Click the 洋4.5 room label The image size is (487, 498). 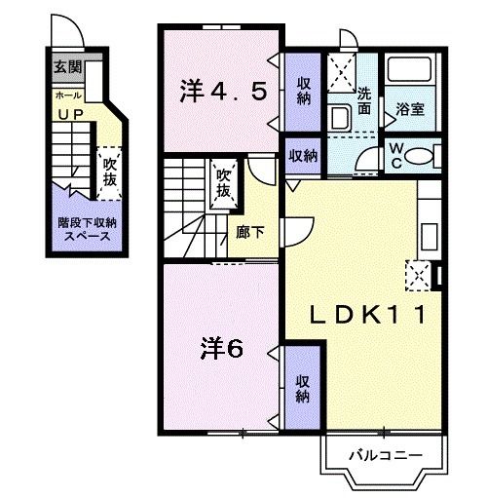coord(222,92)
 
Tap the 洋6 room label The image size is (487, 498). coord(222,348)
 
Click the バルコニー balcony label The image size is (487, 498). coord(385,455)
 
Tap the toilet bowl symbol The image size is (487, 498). coord(421,156)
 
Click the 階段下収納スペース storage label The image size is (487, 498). coord(84,229)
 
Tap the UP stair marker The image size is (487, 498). coord(69,115)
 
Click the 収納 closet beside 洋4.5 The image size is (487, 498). coord(303,91)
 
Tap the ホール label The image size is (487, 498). coord(68,96)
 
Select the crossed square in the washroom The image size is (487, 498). coord(340,71)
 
